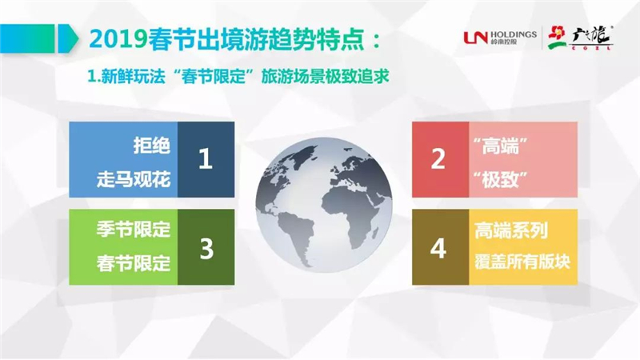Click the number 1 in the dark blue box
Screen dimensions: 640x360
206,158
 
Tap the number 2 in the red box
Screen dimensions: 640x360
438,158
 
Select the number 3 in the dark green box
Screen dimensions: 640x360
206,248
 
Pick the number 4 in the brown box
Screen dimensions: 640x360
438,248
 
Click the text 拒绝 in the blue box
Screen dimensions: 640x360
151,146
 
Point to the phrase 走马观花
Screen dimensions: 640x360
133,179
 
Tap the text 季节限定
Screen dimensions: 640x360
133,229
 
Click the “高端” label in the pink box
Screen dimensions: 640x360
500,146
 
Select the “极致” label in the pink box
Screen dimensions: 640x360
500,178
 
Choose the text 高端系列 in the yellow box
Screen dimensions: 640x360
511,230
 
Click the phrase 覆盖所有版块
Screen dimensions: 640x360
522,262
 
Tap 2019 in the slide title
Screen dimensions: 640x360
118,39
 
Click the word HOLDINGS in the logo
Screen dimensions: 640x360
514,34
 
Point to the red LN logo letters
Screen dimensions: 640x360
475,38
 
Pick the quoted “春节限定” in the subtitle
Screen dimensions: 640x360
214,77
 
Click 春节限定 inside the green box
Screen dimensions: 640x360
133,263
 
